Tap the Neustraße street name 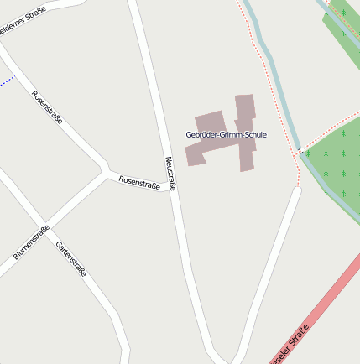(170, 174)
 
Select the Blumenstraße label (31, 242)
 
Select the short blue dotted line (7, 81)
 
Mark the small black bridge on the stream (300, 152)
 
